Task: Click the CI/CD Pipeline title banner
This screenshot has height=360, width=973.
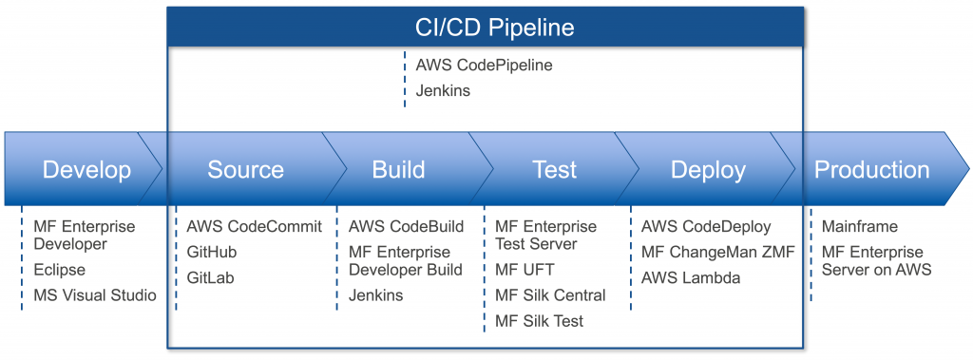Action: pos(486,28)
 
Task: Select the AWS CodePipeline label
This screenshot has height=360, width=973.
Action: pos(484,65)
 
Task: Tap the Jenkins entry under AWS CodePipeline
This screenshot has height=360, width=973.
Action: pos(443,90)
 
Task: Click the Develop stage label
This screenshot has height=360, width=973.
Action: pos(86,169)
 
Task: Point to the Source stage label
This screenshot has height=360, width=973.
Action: pos(246,169)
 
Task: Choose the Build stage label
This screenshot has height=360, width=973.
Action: pos(398,169)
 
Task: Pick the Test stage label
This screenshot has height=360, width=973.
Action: pos(555,169)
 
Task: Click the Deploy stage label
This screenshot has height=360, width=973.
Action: pos(708,169)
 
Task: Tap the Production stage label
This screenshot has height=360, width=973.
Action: pos(872,169)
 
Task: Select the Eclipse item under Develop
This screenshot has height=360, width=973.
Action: pos(60,270)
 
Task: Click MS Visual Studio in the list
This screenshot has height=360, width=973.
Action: pos(95,295)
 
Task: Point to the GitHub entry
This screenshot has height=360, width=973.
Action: pos(212,252)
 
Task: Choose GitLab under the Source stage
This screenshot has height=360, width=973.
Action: pos(209,277)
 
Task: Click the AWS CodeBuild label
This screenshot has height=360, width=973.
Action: pos(407,227)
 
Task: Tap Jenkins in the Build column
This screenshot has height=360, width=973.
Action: pos(376,295)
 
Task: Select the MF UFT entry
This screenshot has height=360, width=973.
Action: pos(525,270)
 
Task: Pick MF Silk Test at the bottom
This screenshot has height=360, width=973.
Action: pos(540,321)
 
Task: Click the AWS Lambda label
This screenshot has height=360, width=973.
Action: pos(691,277)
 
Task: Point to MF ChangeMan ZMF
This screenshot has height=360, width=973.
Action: pos(718,252)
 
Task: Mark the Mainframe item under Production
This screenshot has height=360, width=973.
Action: pos(859,227)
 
